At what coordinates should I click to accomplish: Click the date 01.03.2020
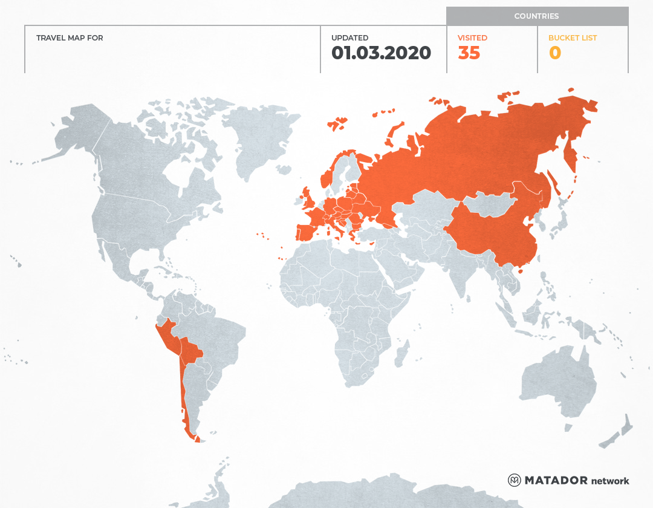381,53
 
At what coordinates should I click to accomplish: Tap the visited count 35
469,53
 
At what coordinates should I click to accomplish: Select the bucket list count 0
554,53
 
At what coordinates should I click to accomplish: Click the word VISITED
472,37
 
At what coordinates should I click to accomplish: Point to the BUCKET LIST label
572,37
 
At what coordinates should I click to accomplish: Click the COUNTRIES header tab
536,16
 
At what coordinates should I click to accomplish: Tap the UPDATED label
349,37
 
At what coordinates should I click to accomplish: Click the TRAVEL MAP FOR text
70,37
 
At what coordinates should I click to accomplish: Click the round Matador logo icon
514,480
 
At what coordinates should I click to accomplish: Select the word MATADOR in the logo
556,480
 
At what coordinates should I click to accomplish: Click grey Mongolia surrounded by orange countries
493,203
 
